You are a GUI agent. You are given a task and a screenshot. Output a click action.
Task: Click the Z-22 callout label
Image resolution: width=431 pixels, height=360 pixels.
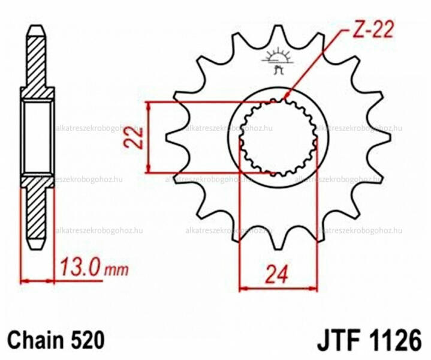pyautogui.click(x=373, y=29)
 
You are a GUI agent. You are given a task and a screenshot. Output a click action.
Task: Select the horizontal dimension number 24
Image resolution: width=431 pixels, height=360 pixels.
pyautogui.click(x=276, y=275)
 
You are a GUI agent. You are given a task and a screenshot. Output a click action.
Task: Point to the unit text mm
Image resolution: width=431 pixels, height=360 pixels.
pyautogui.click(x=116, y=270)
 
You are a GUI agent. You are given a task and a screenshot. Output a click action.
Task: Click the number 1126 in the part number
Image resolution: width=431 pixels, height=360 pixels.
pyautogui.click(x=395, y=341)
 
